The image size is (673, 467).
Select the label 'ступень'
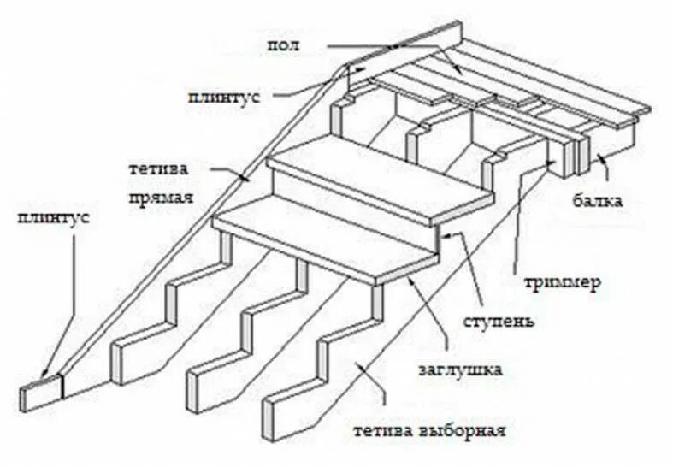coord(501,322)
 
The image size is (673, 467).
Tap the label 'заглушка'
coord(459,370)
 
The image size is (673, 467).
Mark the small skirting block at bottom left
coord(40,394)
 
